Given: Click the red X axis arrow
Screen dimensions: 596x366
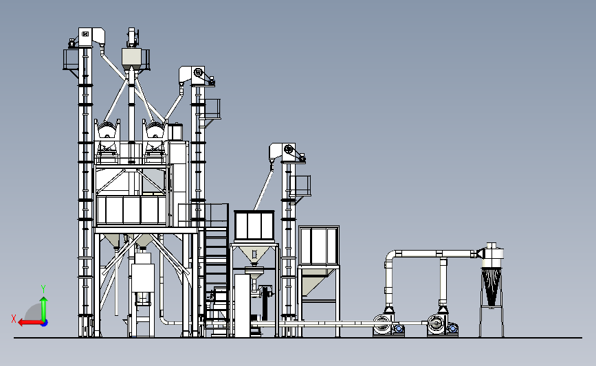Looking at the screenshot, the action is [x=30, y=323].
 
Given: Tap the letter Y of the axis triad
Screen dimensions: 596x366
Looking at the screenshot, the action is [x=43, y=289].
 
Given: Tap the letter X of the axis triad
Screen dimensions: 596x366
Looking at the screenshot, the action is [x=14, y=319].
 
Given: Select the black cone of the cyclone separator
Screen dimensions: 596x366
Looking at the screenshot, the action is [x=491, y=286].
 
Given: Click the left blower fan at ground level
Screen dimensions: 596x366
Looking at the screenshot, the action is [x=388, y=325].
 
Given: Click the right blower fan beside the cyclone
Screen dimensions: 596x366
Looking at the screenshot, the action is [x=443, y=325].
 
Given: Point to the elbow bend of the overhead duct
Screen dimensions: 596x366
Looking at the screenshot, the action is [x=390, y=257].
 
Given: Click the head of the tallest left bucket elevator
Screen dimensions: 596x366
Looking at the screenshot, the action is [x=91, y=37].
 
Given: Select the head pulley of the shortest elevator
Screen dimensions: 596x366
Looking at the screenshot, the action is [x=289, y=149].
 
